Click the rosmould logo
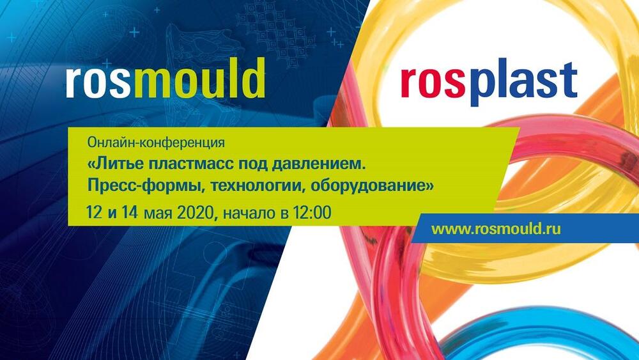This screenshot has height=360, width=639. tap(166, 78)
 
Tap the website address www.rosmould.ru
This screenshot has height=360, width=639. tap(496, 228)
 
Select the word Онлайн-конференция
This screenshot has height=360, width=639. tap(156, 143)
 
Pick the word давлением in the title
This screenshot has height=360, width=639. tap(317, 165)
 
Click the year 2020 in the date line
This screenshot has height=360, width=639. tap(196, 212)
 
